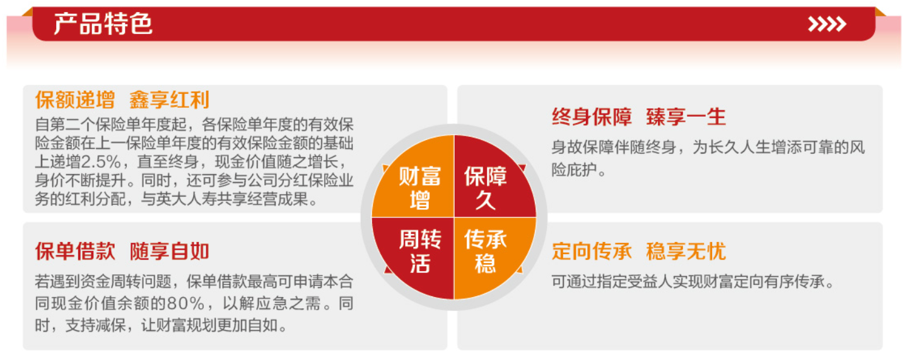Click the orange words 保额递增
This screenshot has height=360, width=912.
(74, 100)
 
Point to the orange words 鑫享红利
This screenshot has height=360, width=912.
(169, 100)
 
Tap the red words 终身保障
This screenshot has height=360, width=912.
(591, 117)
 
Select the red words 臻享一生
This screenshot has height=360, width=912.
(686, 117)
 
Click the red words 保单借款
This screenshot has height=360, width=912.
(74, 252)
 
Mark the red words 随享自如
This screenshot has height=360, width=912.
(169, 252)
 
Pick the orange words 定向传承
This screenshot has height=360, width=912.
(591, 251)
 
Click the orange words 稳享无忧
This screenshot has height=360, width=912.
(686, 251)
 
